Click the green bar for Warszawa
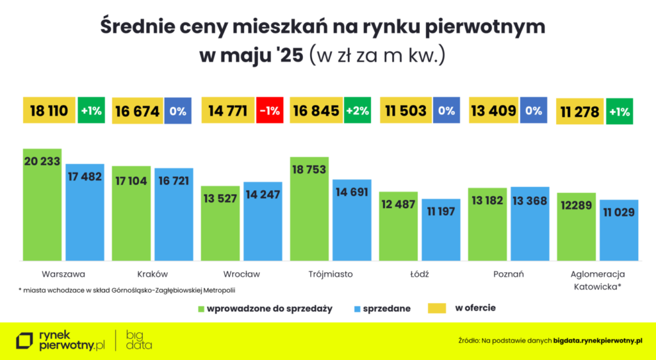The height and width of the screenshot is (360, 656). [42, 205]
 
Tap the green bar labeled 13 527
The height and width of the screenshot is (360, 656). [220, 224]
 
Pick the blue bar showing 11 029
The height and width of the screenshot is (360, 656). [619, 230]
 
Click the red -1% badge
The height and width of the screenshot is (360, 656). [268, 111]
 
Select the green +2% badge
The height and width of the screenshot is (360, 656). [357, 111]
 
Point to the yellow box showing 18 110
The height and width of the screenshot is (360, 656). [49, 111]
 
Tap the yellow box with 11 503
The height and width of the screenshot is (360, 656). [406, 111]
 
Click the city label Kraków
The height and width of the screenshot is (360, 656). [152, 274]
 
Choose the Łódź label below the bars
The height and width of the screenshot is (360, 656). [420, 274]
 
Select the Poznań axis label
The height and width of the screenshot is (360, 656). [509, 274]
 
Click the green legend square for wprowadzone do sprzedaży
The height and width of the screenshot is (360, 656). [199, 309]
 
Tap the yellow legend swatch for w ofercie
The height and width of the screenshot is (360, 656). [436, 309]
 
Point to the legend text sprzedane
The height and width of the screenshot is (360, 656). [386, 309]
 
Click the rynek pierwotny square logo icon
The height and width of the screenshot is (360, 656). [25, 340]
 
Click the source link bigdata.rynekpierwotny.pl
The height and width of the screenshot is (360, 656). [597, 341]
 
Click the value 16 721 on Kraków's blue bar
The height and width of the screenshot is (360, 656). [173, 181]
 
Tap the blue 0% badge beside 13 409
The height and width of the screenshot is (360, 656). [534, 111]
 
